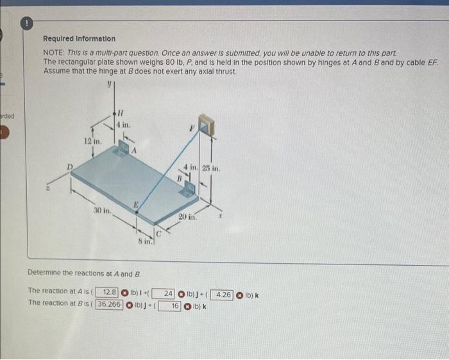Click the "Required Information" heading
click(x=80, y=39)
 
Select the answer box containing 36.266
click(x=109, y=304)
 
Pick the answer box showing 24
click(x=165, y=293)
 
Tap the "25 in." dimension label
click(x=210, y=169)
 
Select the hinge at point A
click(x=123, y=150)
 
